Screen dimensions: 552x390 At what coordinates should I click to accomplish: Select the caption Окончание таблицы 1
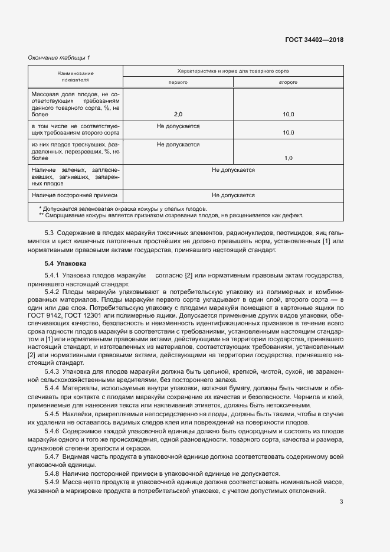(59, 57)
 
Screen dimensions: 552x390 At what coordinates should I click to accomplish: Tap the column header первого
(178, 81)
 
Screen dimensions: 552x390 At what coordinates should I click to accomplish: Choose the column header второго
(288, 81)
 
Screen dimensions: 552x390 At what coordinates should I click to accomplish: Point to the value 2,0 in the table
(178, 114)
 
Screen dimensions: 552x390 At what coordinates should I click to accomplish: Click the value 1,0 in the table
(288, 158)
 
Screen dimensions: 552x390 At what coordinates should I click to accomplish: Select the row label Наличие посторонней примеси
(75, 195)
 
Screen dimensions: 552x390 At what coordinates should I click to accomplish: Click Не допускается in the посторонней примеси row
(233, 195)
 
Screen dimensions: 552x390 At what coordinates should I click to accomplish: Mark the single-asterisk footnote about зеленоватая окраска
(123, 208)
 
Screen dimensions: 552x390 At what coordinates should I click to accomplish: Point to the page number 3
(342, 502)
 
